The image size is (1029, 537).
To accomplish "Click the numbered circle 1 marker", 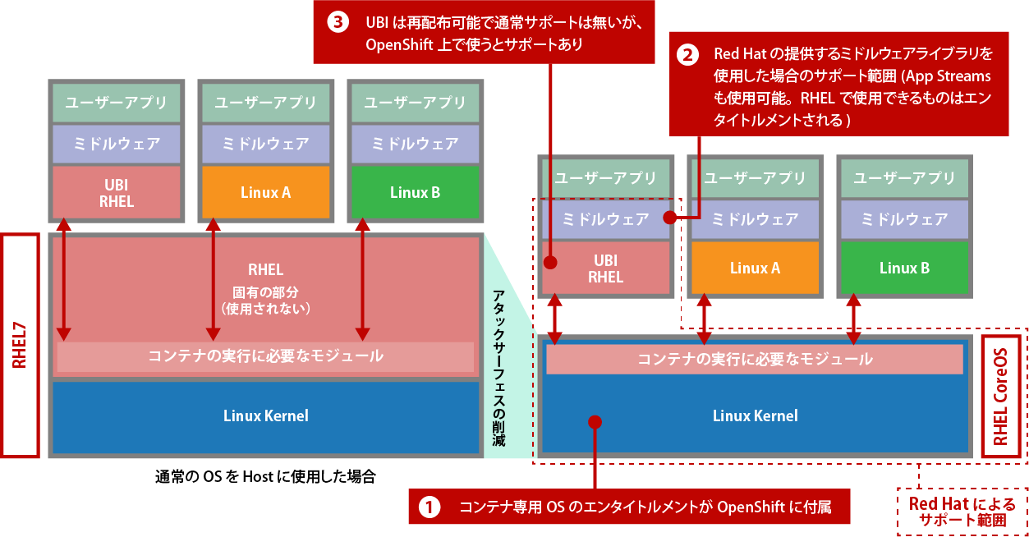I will point(430,507).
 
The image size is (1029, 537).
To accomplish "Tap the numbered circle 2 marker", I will point(687,55).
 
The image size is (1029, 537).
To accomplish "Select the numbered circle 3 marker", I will point(338,22).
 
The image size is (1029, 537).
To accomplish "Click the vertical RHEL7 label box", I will point(21,345).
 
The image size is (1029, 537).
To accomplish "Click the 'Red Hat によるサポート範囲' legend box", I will point(961,512).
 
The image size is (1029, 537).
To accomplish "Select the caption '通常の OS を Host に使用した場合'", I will point(264,476).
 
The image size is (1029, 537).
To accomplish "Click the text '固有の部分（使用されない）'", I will point(265,300).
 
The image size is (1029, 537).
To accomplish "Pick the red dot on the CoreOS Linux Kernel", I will point(595,422).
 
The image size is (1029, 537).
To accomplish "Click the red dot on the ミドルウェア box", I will point(669,218).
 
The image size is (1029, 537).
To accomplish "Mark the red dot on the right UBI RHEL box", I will point(551,264).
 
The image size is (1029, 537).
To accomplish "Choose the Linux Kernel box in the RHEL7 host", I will point(265,415).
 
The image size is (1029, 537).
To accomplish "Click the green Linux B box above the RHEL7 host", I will point(415,192).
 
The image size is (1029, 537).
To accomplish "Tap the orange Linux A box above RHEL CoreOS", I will point(754,268).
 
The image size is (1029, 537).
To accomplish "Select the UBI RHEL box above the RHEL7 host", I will point(117,193).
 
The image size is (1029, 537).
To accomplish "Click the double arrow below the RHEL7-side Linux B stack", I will point(362,279).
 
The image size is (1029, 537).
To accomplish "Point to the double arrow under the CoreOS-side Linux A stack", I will point(704,320).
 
